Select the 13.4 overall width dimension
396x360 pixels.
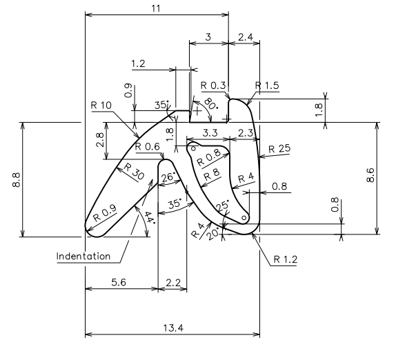point(172,328)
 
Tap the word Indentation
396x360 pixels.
point(83,256)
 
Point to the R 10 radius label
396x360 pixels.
point(102,106)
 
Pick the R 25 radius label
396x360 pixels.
point(279,148)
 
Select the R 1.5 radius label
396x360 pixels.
point(267,86)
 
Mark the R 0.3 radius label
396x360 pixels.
point(213,86)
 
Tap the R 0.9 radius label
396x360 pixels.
point(106,212)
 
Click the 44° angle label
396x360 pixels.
point(150,219)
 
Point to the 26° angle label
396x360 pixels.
point(168,177)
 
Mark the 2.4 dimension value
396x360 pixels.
point(244,37)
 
